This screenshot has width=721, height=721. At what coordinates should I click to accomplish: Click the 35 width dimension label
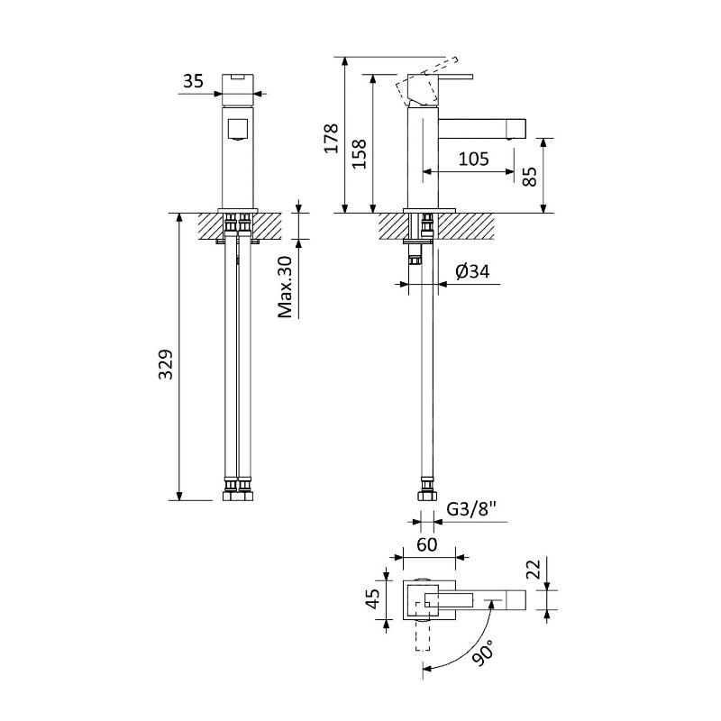click(193, 81)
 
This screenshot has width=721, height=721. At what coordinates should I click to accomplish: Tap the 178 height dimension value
click(332, 137)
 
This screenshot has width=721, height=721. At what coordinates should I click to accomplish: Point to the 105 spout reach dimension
click(473, 160)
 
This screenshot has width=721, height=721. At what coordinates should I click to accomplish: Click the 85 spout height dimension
click(530, 176)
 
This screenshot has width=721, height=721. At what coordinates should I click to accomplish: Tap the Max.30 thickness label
click(286, 286)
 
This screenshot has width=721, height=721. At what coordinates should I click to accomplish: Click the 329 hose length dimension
click(166, 364)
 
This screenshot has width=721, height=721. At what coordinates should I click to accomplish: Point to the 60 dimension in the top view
click(426, 545)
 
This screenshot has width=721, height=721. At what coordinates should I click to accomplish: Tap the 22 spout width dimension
click(533, 570)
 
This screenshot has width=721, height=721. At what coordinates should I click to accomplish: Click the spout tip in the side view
click(516, 127)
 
